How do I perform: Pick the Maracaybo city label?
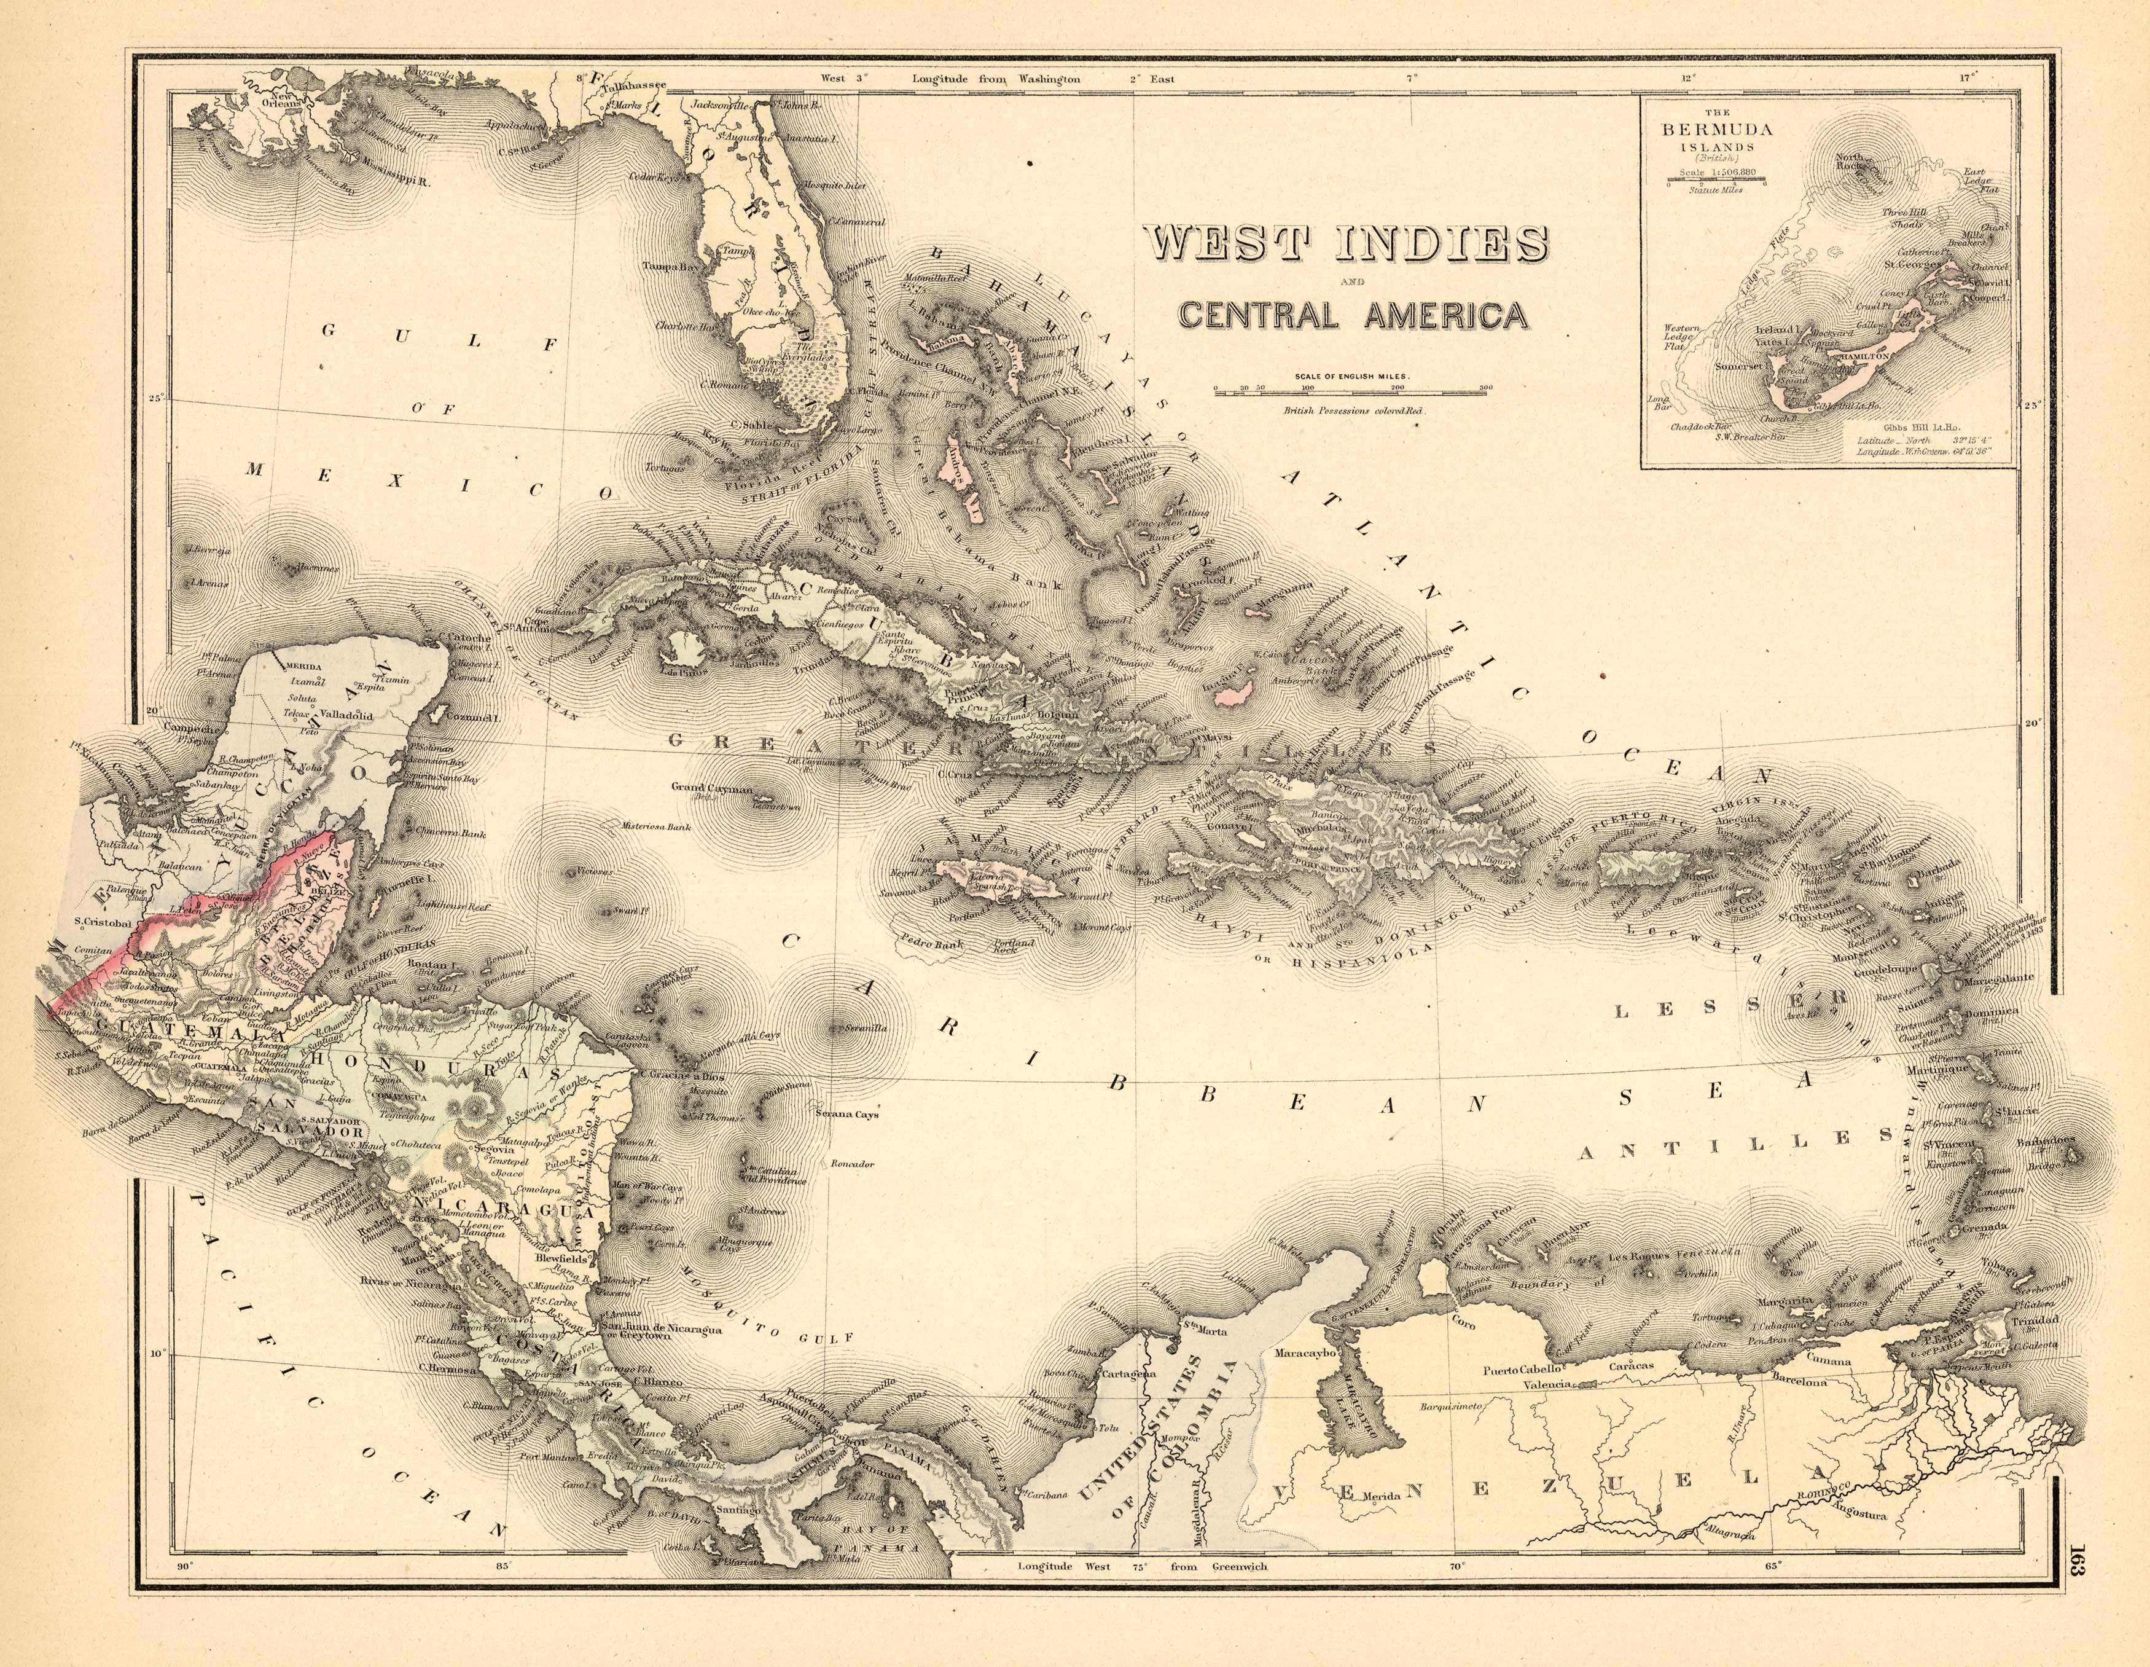[1307, 1353]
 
